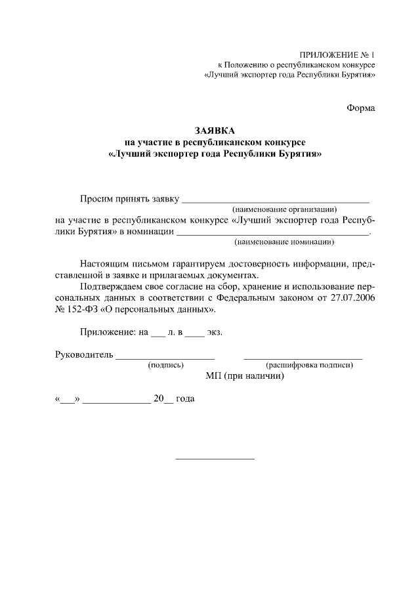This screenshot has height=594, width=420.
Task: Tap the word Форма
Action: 361,108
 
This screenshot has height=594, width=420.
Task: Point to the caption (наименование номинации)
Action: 284,242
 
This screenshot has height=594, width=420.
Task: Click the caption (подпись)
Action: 166,365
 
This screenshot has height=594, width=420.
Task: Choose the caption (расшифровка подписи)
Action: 309,365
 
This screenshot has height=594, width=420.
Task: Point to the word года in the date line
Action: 185,398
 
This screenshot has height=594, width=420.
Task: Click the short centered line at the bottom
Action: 215,458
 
